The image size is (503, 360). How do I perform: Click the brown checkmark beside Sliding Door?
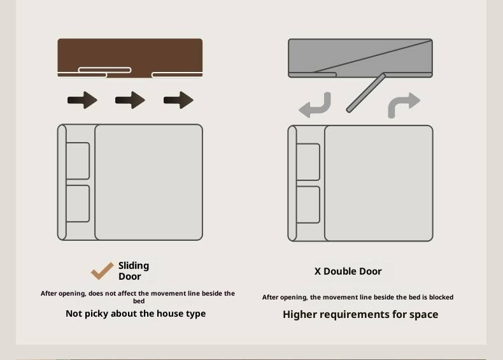(102, 271)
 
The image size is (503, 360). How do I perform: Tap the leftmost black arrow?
(82, 100)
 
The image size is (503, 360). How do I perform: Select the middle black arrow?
(131, 100)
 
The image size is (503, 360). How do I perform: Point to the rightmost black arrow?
(178, 100)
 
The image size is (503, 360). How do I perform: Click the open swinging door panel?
(365, 93)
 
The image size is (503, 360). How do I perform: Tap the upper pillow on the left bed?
(78, 161)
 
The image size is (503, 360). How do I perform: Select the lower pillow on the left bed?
(78, 204)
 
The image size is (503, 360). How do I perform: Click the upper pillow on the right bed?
(308, 162)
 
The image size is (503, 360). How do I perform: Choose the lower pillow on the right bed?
(308, 205)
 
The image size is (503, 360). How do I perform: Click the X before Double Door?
(318, 271)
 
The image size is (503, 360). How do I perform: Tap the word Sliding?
(134, 266)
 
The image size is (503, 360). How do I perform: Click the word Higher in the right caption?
(300, 314)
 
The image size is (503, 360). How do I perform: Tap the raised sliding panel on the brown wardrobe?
(105, 70)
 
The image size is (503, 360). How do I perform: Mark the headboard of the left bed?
(62, 182)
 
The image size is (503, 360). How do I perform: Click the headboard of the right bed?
(292, 183)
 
